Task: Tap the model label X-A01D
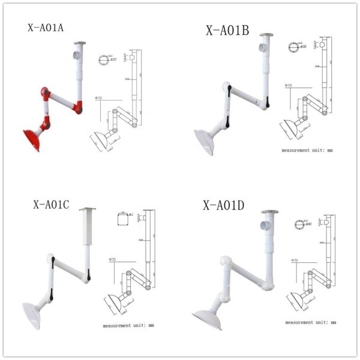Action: point(223,206)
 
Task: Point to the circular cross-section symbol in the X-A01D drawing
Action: point(298,225)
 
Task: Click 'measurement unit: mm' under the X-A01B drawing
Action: point(307,151)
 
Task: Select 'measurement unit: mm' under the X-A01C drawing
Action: point(128,325)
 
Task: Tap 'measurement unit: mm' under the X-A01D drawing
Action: point(310,322)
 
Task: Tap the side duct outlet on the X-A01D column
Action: point(263,226)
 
